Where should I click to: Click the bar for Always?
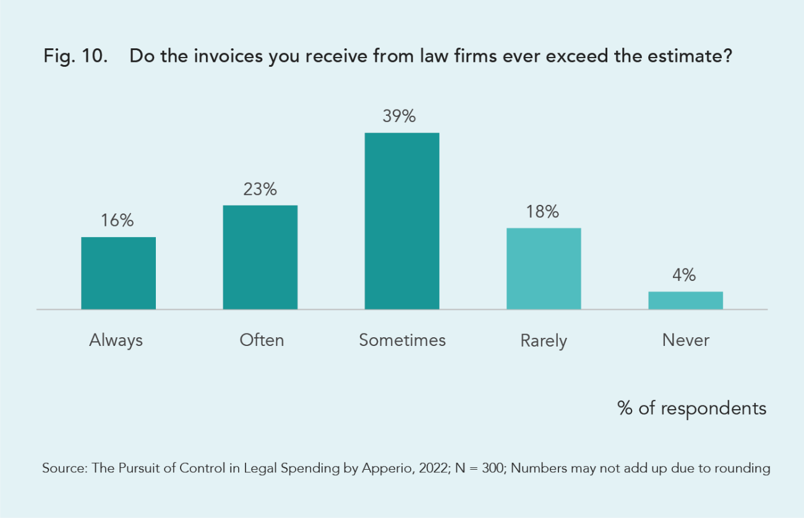[x=118, y=273]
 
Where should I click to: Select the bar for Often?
[x=260, y=257]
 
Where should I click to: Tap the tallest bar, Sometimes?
[x=402, y=221]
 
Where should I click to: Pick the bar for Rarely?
[x=544, y=269]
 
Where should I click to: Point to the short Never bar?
[x=685, y=300]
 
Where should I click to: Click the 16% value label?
[x=118, y=220]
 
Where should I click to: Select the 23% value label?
[x=260, y=189]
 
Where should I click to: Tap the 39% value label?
[x=402, y=116]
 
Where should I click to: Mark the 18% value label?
[x=544, y=212]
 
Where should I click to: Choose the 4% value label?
[x=685, y=275]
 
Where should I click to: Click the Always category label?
[x=116, y=340]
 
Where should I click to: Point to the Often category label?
[x=262, y=340]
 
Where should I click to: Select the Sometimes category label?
[x=402, y=340]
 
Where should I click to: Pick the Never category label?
[x=685, y=340]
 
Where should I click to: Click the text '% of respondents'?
[x=691, y=408]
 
